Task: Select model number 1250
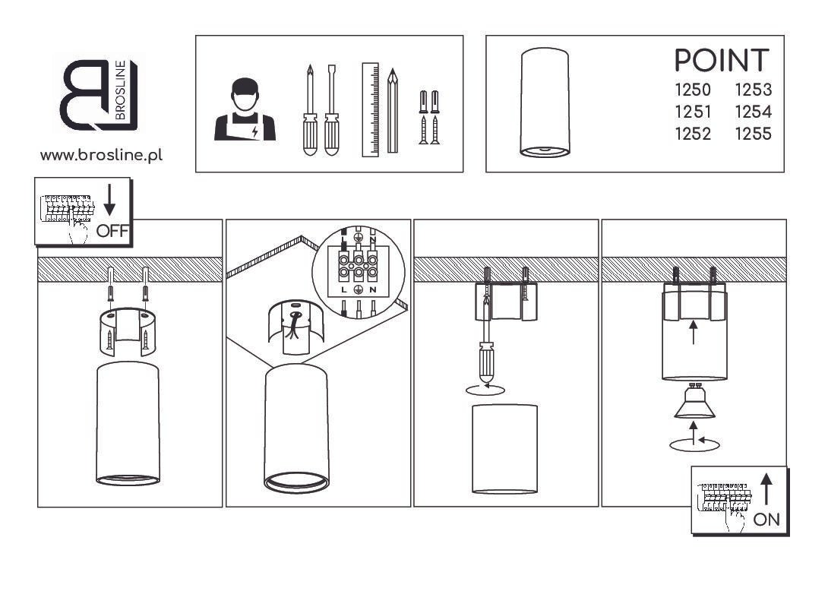tap(693, 90)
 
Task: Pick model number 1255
tap(754, 134)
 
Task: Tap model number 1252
tap(693, 134)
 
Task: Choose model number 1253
tap(754, 90)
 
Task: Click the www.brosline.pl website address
tap(101, 155)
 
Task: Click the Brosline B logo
tap(100, 95)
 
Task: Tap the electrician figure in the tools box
tap(245, 109)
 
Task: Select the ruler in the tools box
tap(370, 110)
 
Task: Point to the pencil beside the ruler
tap(392, 110)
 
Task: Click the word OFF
tap(112, 231)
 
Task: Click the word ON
tap(766, 520)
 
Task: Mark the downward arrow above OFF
tap(109, 200)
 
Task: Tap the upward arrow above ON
tap(766, 488)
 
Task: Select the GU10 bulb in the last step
tap(694, 400)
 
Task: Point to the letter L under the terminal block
tap(344, 290)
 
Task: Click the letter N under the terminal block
tap(373, 290)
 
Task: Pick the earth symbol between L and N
tap(358, 290)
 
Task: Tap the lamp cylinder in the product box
tap(545, 103)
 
